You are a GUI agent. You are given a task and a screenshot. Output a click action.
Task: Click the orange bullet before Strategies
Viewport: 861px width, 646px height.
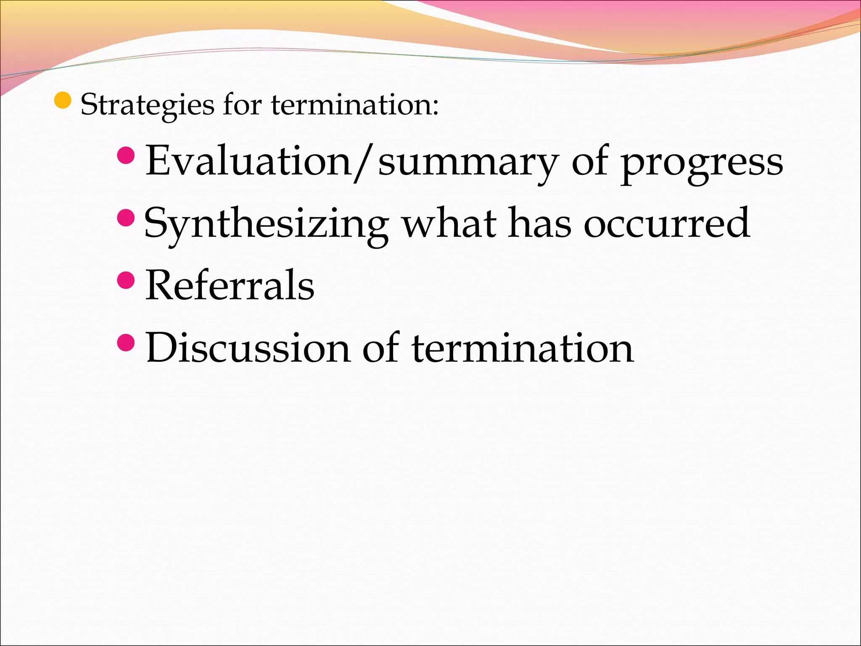63,100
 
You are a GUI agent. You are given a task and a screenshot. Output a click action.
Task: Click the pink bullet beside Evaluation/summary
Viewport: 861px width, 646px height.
126,156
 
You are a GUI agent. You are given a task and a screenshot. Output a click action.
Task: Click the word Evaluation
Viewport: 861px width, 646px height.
248,161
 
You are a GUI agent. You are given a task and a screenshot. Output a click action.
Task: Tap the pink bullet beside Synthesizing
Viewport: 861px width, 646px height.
126,218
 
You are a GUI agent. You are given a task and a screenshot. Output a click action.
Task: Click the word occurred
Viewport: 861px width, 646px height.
666,223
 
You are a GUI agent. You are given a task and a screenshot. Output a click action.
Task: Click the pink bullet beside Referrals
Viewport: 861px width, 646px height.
126,280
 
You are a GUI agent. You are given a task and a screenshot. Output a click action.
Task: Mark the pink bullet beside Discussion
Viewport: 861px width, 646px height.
126,342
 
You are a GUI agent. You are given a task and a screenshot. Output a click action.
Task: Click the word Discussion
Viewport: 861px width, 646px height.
248,348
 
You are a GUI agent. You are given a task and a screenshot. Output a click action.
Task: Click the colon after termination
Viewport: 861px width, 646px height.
435,108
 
